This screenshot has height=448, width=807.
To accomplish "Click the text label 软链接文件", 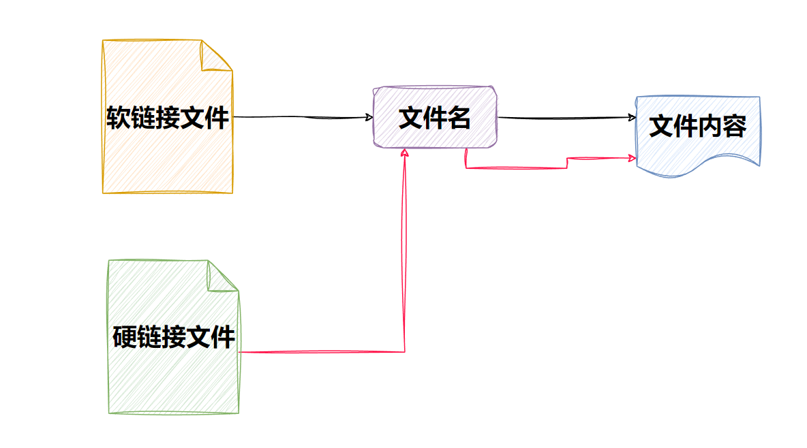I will click(167, 117).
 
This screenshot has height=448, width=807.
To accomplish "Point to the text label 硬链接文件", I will click(174, 337).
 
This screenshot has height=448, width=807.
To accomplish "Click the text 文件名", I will click(434, 118).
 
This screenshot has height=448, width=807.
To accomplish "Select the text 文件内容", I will click(697, 126).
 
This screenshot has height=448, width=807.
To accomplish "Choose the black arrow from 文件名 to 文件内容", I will click(566, 118).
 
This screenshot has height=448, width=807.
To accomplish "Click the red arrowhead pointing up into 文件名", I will click(405, 153).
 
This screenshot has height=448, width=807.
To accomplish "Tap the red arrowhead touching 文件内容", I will click(632, 158).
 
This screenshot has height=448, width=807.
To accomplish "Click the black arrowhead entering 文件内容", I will click(632, 117).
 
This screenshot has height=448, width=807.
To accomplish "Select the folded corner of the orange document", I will click(217, 56).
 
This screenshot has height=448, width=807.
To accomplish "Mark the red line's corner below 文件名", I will click(466, 167).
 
